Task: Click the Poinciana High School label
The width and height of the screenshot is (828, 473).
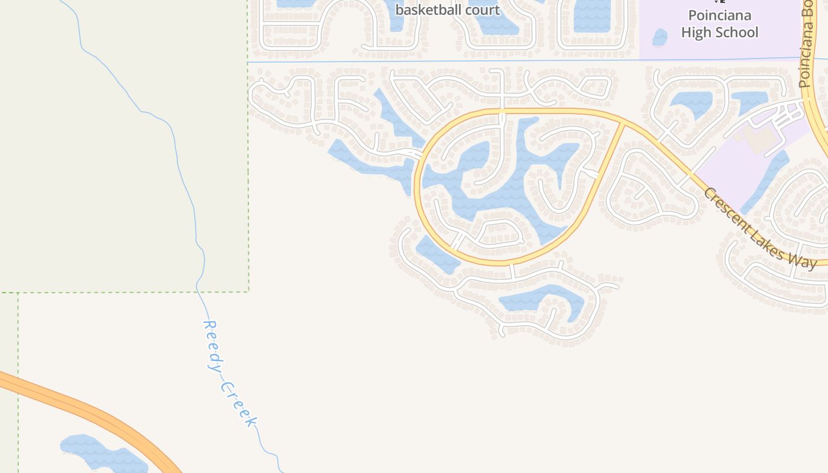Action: pos(719,24)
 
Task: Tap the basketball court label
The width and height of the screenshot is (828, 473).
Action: pos(447,10)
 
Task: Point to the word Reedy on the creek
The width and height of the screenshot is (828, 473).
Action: pos(212,345)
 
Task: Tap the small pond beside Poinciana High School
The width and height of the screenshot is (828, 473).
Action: pos(659,38)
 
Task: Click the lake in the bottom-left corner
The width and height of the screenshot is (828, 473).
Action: pos(101,454)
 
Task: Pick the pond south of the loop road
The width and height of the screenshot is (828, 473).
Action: pos(541,299)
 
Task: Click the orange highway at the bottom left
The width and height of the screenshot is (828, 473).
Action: pos(89,411)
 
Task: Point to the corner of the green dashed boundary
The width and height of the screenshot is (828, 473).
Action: pos(248,291)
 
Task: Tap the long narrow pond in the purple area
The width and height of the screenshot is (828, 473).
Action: pos(766,180)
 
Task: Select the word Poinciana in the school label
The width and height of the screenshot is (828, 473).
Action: pos(719,15)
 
